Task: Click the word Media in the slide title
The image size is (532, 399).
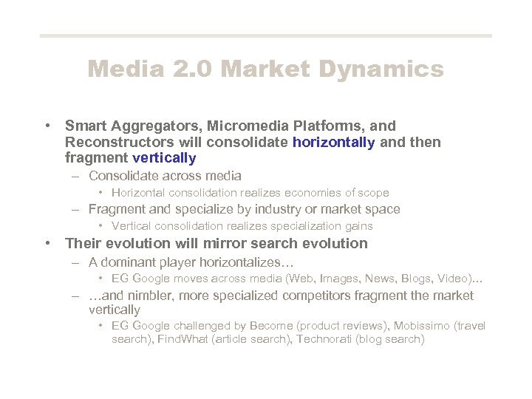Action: tap(123, 69)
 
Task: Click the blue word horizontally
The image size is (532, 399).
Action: tap(334, 142)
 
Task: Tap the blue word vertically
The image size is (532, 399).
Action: tap(164, 157)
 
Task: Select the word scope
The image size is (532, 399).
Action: tap(373, 193)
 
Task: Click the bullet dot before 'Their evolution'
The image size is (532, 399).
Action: tap(47, 243)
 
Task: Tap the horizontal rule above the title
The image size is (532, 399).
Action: tap(265, 35)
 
